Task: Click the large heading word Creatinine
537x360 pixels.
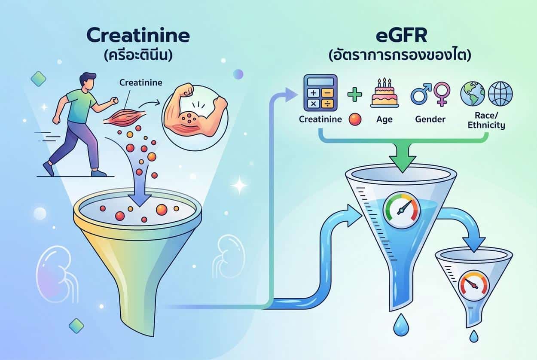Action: pos(138,36)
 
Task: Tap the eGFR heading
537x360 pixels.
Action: pos(402,36)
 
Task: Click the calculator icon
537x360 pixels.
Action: pos(320,93)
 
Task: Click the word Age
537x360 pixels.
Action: pos(384,119)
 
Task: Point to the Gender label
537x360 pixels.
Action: pos(430,119)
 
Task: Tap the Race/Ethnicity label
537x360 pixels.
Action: pos(486,121)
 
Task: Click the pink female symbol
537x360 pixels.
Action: pos(442,94)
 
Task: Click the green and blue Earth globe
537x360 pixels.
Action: pos(473,94)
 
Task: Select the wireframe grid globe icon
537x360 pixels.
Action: pos(500,94)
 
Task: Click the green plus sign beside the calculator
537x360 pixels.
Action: pos(354,94)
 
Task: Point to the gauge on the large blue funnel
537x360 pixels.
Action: pos(402,210)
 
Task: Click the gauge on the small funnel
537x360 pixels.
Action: pos(473,286)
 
